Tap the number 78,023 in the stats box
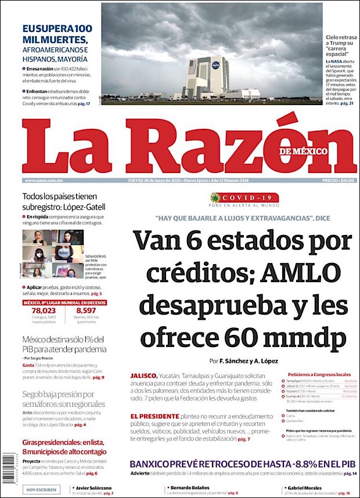pyautogui.click(x=44, y=311)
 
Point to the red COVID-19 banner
pyautogui.click(x=244, y=197)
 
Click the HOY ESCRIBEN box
pyautogui.click(x=41, y=490)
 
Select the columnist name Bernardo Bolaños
pyautogui.click(x=189, y=487)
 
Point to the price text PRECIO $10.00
pyautogui.click(x=338, y=181)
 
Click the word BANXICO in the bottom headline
pyautogui.click(x=153, y=464)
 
